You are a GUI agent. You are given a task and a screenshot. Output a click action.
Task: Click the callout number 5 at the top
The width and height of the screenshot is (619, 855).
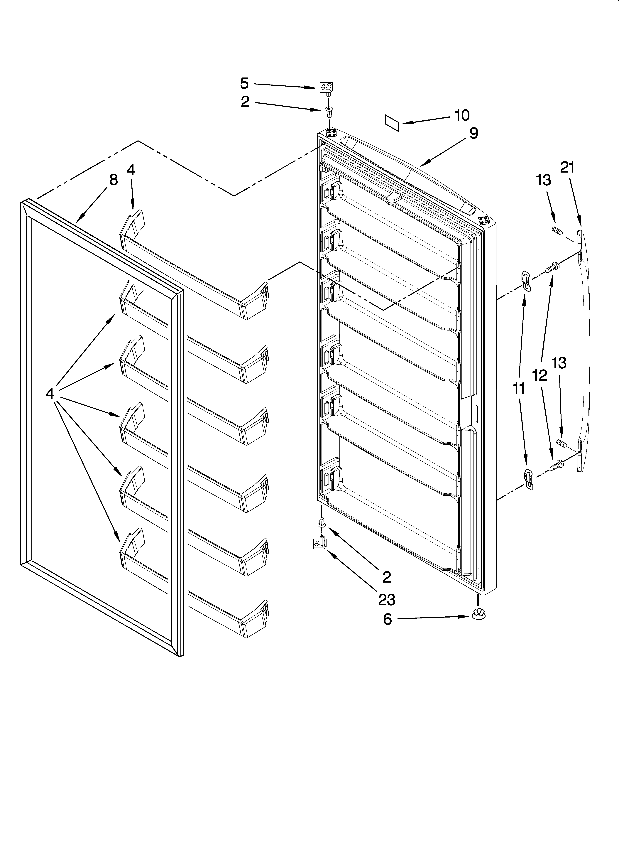[x=245, y=83]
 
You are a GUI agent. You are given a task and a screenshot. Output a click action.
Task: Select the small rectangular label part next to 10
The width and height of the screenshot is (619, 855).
[x=392, y=123]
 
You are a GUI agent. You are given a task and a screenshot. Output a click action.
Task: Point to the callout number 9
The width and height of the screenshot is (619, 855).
[x=473, y=134]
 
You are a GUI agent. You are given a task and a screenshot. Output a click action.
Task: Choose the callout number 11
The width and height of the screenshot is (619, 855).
[x=519, y=388]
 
